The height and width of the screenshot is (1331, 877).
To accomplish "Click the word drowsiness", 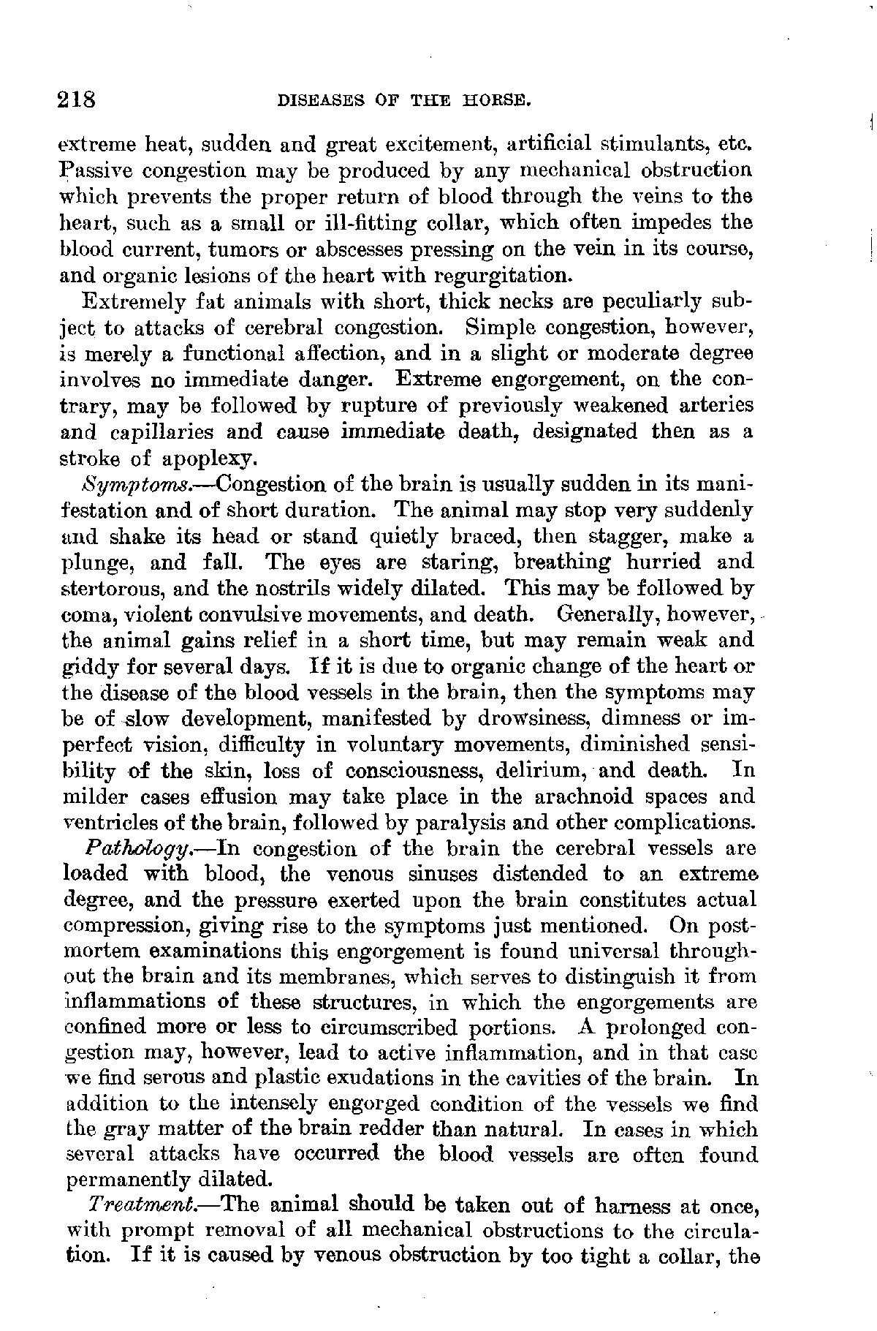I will tap(534, 718).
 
